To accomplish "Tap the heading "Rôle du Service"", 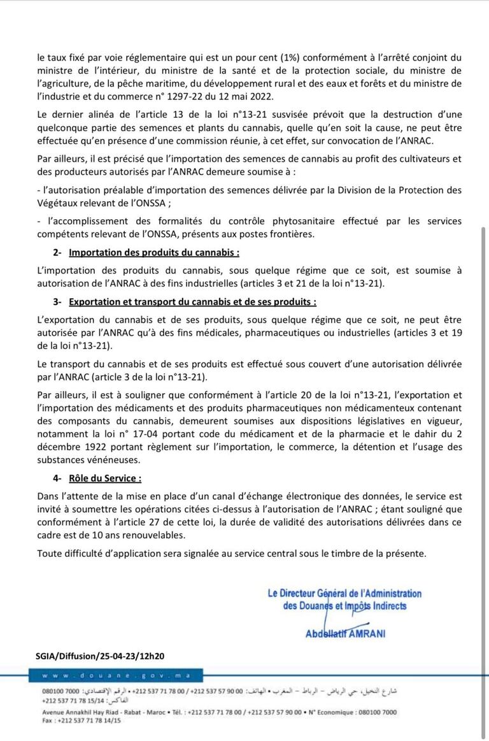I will pyautogui.click(x=105, y=477).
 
